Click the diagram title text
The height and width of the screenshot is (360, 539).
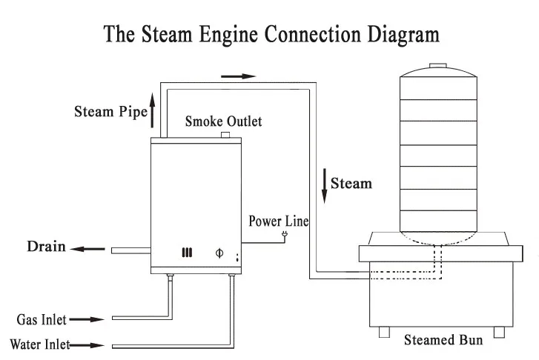[271, 34]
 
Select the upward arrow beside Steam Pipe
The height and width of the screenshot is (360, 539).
[153, 110]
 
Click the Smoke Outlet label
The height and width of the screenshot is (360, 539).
[223, 120]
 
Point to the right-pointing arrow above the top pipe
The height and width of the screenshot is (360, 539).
[238, 76]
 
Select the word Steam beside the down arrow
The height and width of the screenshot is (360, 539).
[351, 181]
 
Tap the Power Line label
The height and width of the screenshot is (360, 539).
[278, 221]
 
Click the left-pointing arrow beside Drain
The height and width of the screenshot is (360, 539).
[88, 249]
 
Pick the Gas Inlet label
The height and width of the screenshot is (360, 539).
[40, 320]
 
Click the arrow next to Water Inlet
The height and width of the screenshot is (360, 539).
[88, 344]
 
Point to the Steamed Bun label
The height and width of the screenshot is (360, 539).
[443, 341]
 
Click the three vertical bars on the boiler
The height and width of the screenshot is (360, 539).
[187, 253]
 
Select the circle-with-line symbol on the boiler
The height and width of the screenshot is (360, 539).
[218, 253]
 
